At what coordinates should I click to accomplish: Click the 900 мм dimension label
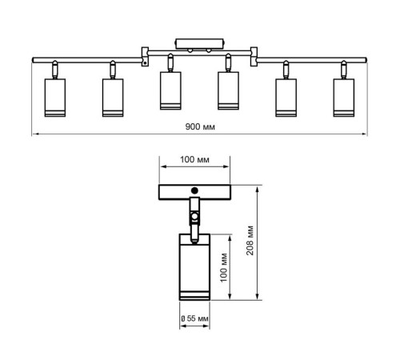point(200,126)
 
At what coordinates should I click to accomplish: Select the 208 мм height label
point(250,241)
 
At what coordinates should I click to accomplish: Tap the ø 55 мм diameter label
point(194,318)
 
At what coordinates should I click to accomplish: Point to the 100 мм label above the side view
point(194,159)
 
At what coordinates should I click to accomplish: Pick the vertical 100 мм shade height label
point(224,267)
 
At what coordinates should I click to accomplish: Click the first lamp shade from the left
point(55,98)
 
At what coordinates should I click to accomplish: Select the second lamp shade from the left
point(113,98)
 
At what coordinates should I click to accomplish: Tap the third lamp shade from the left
point(170,90)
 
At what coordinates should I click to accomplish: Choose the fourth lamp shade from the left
point(228,90)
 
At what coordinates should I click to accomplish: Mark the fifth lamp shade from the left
point(286,98)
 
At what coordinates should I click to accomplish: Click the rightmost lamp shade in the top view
point(344,98)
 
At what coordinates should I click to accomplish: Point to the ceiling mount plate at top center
point(200,44)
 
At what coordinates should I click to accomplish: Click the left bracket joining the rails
point(145,57)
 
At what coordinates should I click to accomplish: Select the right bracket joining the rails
point(254,57)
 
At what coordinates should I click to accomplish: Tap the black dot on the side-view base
point(194,190)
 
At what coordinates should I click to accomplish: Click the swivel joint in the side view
point(194,216)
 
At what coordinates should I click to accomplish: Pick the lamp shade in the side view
point(194,267)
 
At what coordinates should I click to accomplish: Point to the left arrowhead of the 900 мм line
point(34,134)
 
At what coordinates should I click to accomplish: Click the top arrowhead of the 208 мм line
point(258,189)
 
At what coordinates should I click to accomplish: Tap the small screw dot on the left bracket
point(145,63)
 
